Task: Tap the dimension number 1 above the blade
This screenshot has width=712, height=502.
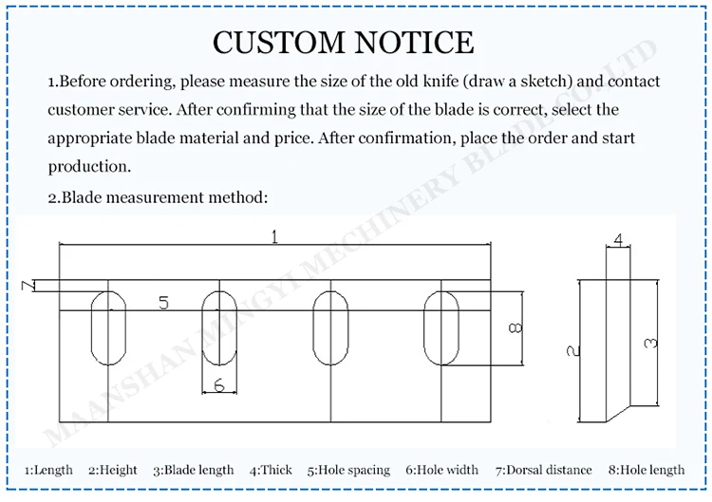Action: [x=274, y=237]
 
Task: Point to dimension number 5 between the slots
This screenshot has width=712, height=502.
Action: [x=163, y=303]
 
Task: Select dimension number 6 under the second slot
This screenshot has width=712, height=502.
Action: [x=219, y=385]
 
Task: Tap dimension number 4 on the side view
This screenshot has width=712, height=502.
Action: [x=618, y=241]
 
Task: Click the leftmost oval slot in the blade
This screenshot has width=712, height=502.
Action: [x=109, y=328]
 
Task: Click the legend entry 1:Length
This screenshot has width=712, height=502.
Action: [x=48, y=470]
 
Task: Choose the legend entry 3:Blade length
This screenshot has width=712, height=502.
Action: [x=194, y=470]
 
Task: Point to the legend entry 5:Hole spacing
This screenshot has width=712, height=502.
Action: [x=348, y=470]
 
